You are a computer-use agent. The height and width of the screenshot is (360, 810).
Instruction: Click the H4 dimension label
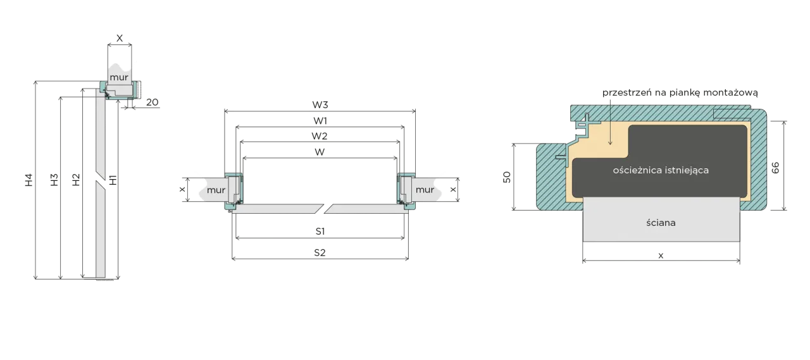click(x=29, y=180)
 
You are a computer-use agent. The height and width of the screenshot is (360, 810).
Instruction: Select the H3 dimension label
click(x=54, y=180)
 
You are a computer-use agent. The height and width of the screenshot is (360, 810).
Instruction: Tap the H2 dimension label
click(x=76, y=180)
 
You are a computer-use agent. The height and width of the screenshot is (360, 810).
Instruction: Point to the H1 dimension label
click(x=113, y=180)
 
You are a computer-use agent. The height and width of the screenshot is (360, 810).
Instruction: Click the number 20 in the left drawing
click(x=153, y=102)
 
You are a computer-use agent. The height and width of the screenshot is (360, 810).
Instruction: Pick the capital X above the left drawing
click(x=120, y=38)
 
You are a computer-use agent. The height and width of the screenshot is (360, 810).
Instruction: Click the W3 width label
click(x=320, y=105)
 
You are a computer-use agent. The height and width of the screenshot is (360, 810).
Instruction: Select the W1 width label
click(x=320, y=120)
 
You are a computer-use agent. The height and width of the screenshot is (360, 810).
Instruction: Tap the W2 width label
click(x=320, y=136)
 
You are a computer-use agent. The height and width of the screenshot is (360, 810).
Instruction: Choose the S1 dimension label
click(x=320, y=232)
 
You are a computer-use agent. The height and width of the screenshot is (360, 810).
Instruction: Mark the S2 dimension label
click(x=320, y=252)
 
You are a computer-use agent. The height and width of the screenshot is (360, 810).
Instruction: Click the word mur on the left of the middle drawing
click(x=216, y=190)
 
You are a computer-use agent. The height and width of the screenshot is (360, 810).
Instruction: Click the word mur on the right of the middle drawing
click(x=425, y=190)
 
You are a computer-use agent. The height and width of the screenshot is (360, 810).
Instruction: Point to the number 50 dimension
click(x=507, y=177)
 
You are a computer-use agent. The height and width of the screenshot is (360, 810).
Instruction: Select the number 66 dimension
click(x=775, y=168)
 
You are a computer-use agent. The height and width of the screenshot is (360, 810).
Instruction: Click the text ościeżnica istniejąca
click(x=661, y=170)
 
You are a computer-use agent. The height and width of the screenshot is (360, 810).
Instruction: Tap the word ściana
click(x=661, y=223)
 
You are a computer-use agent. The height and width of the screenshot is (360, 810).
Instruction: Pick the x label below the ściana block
click(x=661, y=256)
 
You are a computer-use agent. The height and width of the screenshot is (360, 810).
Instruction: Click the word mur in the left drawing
click(x=119, y=77)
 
